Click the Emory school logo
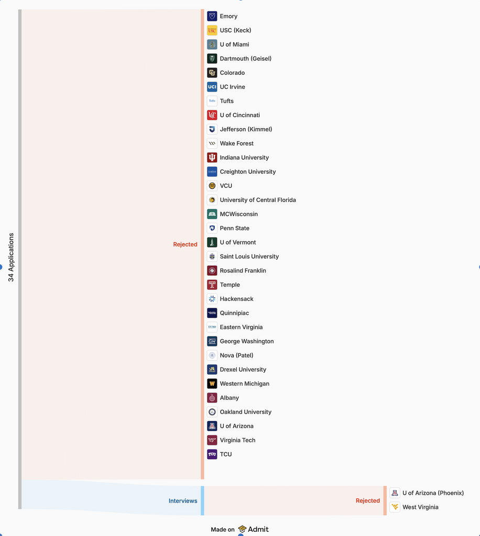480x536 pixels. click(x=212, y=16)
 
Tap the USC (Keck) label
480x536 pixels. click(x=235, y=30)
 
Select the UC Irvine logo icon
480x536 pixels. click(x=212, y=87)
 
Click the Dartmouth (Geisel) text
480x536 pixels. click(x=246, y=59)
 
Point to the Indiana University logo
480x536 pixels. click(x=212, y=158)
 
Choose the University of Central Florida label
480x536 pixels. click(x=258, y=200)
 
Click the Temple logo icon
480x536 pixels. click(x=212, y=285)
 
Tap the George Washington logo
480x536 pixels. click(x=212, y=341)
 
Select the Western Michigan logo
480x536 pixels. click(x=212, y=384)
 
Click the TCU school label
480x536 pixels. click(x=226, y=454)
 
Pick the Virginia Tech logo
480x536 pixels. click(x=212, y=440)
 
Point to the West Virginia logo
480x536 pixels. click(x=395, y=507)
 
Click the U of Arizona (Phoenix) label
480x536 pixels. click(x=433, y=493)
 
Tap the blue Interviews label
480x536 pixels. click(x=183, y=501)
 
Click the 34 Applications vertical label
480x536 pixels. click(x=11, y=258)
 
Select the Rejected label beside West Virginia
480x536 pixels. click(x=368, y=500)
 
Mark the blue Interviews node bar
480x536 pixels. click(x=203, y=500)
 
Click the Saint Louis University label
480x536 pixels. click(x=249, y=256)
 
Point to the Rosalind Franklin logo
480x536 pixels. click(x=212, y=271)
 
